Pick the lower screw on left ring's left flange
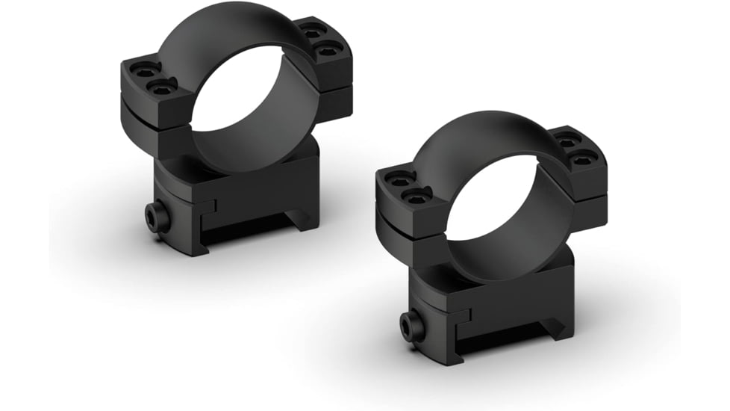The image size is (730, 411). [160, 88]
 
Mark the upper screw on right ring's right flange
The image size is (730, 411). [569, 140]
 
